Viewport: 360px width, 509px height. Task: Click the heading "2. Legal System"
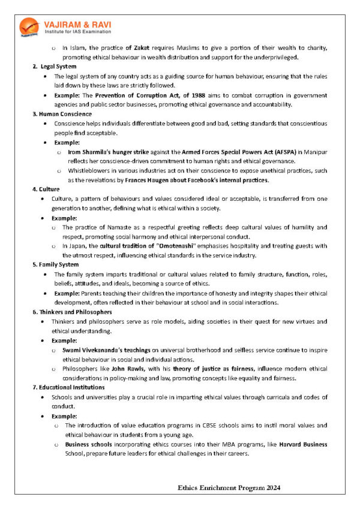[55, 66]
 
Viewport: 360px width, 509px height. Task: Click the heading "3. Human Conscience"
[62, 114]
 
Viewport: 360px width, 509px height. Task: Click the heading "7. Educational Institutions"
[70, 388]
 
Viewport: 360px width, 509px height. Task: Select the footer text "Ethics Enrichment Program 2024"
[229, 488]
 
